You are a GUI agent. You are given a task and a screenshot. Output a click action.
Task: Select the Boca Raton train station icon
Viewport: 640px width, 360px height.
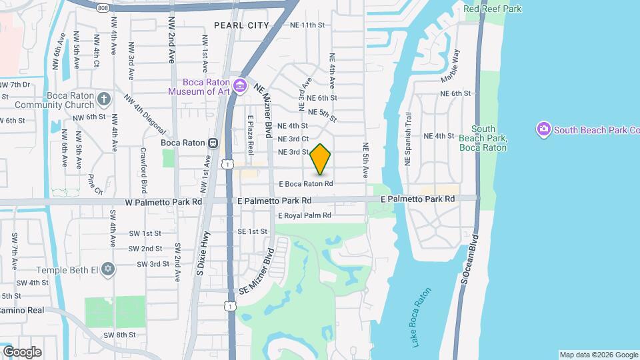click(x=213, y=142)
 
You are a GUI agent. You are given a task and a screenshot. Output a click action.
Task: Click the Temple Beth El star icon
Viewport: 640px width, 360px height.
click(x=108, y=269)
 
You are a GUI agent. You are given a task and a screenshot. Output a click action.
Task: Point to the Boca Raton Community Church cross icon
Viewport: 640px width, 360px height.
click(x=103, y=99)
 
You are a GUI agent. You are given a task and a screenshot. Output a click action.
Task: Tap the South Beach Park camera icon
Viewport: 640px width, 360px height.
click(x=543, y=128)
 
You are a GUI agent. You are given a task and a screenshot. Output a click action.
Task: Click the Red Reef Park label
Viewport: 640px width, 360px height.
click(x=493, y=9)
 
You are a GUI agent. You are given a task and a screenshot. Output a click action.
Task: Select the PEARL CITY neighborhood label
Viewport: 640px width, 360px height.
click(x=241, y=25)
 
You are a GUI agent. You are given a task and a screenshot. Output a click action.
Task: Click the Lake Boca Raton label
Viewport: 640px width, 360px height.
click(x=417, y=317)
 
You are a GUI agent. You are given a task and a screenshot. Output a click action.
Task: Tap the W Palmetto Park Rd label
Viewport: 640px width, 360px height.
click(x=163, y=201)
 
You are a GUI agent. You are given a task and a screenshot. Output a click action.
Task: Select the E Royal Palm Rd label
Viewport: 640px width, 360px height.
click(x=304, y=215)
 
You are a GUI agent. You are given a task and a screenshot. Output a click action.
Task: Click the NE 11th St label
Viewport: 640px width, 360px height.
click(x=307, y=25)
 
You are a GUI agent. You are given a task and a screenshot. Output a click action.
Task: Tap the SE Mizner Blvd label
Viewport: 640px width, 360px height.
click(x=256, y=274)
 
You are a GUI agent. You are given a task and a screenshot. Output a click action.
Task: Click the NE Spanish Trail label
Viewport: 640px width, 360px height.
click(x=409, y=139)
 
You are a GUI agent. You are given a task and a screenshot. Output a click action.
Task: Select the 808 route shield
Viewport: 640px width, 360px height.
click(x=102, y=7)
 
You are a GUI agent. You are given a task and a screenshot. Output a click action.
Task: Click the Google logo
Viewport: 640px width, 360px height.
click(x=22, y=352)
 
